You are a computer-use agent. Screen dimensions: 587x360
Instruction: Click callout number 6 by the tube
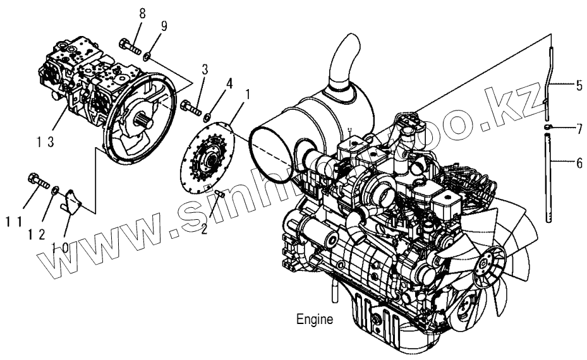tap(578, 162)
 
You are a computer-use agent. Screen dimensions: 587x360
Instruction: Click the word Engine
tap(315, 320)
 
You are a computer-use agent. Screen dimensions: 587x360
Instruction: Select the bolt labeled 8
tap(128, 45)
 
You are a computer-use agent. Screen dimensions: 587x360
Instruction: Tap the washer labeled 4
tap(208, 115)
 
